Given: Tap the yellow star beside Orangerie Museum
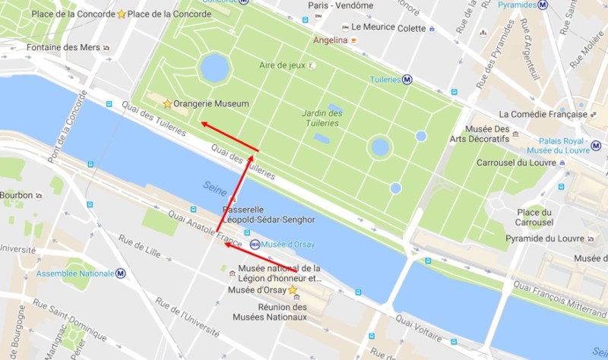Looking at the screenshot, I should (167, 103).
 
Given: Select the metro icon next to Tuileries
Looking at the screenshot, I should (407, 78).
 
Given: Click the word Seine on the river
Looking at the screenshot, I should (214, 186).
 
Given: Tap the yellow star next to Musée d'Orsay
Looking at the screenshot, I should (292, 290).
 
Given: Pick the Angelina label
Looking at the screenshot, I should (330, 39).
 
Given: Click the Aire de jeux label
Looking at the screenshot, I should (282, 65).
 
